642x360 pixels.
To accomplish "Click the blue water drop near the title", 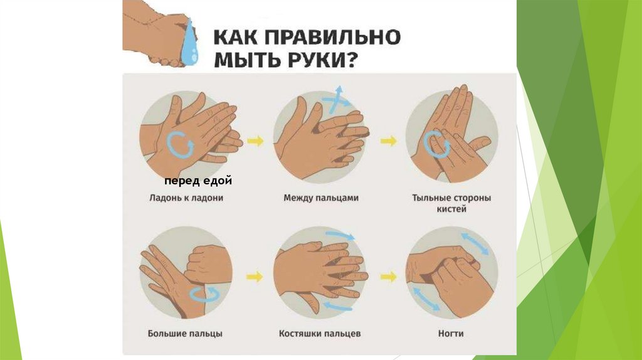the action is click(x=189, y=43).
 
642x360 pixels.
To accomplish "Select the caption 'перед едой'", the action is click(x=198, y=181).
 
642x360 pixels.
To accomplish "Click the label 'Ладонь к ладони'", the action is click(x=186, y=198).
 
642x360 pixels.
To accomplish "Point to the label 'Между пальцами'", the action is click(x=321, y=198).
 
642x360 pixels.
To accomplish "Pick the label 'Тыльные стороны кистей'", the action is click(x=451, y=203).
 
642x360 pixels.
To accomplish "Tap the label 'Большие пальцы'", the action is click(x=185, y=334).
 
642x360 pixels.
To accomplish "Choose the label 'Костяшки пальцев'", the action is click(x=320, y=334).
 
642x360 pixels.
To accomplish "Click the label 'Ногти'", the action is click(x=451, y=334).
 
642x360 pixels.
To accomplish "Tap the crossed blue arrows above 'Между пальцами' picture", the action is click(x=336, y=100).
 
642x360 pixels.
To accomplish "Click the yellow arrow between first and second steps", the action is click(x=256, y=141).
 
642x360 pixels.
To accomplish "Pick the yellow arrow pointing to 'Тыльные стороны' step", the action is click(x=389, y=141).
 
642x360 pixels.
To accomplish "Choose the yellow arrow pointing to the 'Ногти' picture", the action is click(x=389, y=277).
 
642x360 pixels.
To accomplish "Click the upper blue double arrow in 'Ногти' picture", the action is click(x=475, y=243).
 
